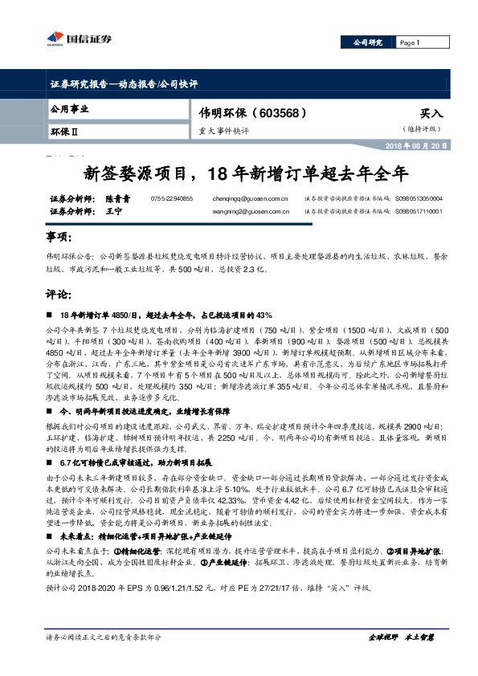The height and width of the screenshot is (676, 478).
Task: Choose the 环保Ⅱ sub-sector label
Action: click(x=65, y=129)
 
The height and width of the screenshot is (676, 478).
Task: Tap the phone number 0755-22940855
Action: click(x=172, y=198)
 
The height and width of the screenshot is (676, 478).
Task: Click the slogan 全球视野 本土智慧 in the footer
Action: click(x=401, y=637)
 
